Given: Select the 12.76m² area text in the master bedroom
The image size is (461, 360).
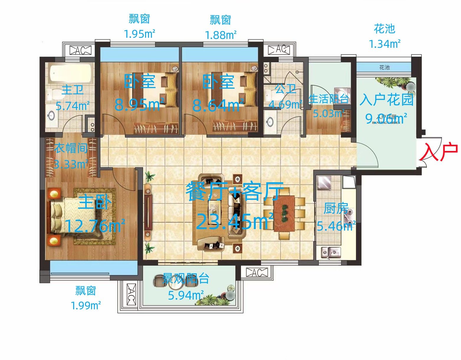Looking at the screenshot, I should click(x=95, y=226).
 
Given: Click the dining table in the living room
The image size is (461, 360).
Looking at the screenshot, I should click(x=284, y=213).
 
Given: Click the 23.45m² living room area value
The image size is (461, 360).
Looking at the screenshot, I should click(x=235, y=222).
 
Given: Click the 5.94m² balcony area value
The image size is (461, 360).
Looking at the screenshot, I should click(x=186, y=295).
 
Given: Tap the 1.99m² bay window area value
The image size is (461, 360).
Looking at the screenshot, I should click(x=86, y=305).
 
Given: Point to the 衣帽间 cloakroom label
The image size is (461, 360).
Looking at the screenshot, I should click(x=71, y=148).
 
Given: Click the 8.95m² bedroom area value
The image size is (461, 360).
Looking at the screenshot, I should click(x=140, y=104).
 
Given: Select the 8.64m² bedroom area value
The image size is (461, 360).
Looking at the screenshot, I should click(x=218, y=105).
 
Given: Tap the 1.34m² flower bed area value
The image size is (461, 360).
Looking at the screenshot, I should click(x=385, y=44).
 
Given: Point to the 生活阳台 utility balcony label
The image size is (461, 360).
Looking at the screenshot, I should click(x=329, y=99).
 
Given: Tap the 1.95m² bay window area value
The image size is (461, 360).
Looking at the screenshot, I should click(x=140, y=34).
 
